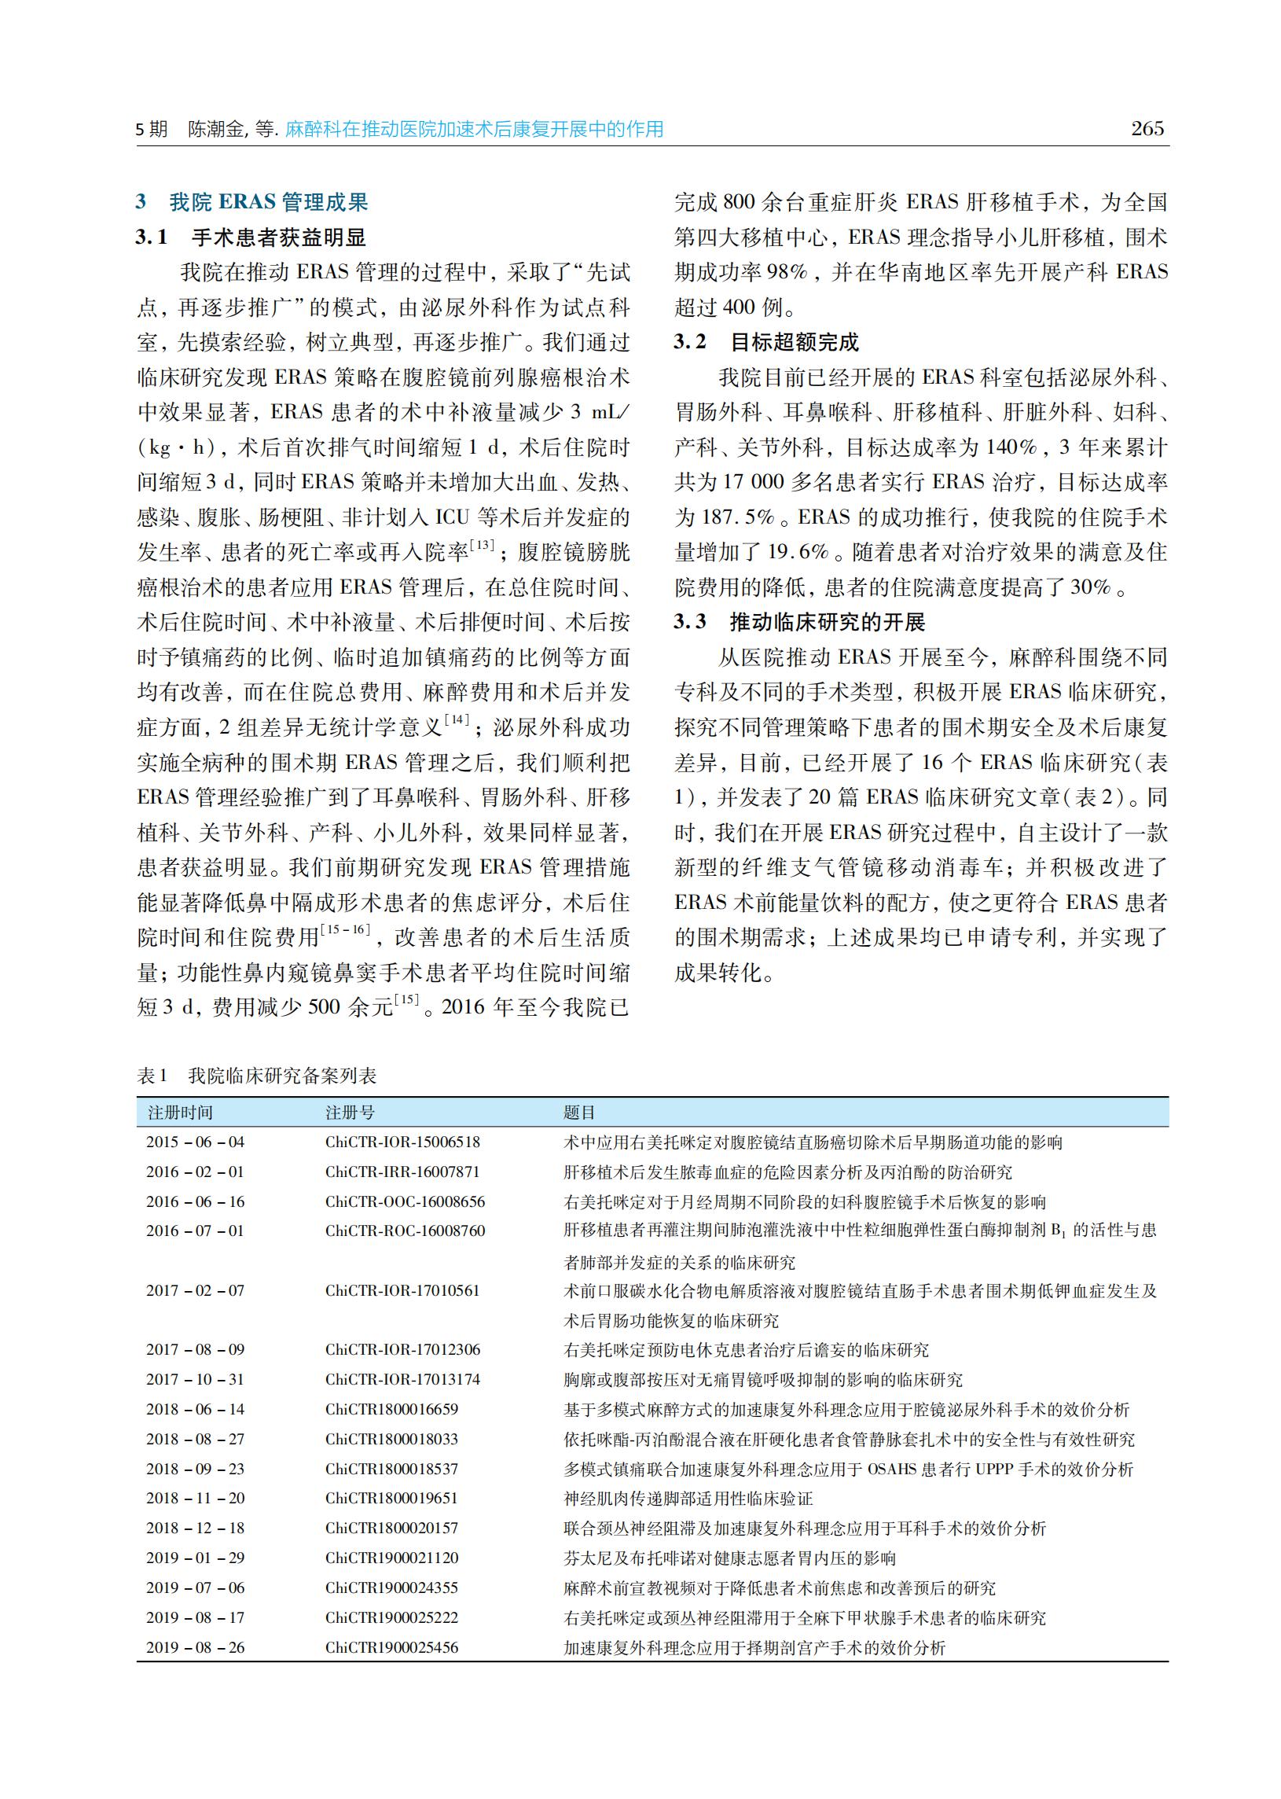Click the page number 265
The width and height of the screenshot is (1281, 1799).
click(x=1147, y=129)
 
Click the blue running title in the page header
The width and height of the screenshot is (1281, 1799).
click(x=474, y=130)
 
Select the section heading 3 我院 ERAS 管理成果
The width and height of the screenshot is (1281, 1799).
click(x=252, y=202)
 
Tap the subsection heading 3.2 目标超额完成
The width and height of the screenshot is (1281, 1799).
click(x=766, y=342)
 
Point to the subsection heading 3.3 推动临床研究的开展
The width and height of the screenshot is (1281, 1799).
click(x=799, y=622)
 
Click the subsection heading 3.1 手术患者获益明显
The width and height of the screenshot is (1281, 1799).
click(x=251, y=237)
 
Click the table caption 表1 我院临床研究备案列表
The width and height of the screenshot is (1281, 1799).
click(x=257, y=1076)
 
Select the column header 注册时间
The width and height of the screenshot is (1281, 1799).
click(x=180, y=1113)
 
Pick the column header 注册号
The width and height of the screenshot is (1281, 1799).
click(x=351, y=1113)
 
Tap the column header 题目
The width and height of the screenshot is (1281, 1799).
click(x=579, y=1113)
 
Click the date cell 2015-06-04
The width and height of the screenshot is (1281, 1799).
click(x=195, y=1142)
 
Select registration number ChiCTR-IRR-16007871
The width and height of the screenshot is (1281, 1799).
click(x=402, y=1172)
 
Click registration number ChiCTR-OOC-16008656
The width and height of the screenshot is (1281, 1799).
click(x=405, y=1201)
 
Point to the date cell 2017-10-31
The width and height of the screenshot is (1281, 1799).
click(x=195, y=1379)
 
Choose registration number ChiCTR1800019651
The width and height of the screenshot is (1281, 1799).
click(x=391, y=1498)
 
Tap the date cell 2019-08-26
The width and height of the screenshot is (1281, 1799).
click(x=195, y=1647)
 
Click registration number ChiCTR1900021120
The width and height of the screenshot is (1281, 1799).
click(x=391, y=1558)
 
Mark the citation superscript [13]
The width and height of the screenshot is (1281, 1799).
click(x=482, y=545)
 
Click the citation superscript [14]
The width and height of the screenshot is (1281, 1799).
click(x=457, y=719)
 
